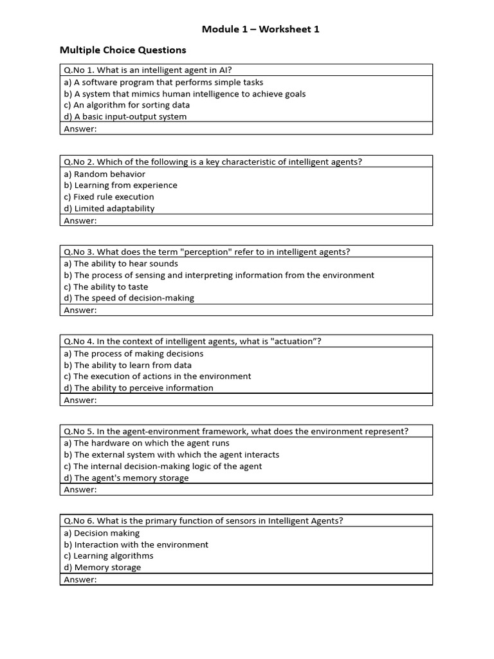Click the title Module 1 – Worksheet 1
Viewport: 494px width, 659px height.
click(261, 29)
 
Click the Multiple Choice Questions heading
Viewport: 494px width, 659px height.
click(123, 50)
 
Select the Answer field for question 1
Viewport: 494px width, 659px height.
click(246, 129)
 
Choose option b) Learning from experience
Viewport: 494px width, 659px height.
click(120, 185)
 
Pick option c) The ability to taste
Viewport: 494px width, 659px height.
click(105, 286)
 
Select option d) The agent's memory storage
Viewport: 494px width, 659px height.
click(126, 478)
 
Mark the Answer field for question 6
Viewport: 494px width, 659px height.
click(246, 579)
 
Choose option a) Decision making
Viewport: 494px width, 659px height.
click(102, 533)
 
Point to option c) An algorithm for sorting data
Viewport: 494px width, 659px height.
click(127, 105)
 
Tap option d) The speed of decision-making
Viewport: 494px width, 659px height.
click(129, 298)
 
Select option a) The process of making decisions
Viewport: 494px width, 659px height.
click(133, 353)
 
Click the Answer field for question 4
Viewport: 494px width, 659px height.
click(246, 400)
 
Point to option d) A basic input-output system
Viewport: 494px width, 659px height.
click(125, 116)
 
